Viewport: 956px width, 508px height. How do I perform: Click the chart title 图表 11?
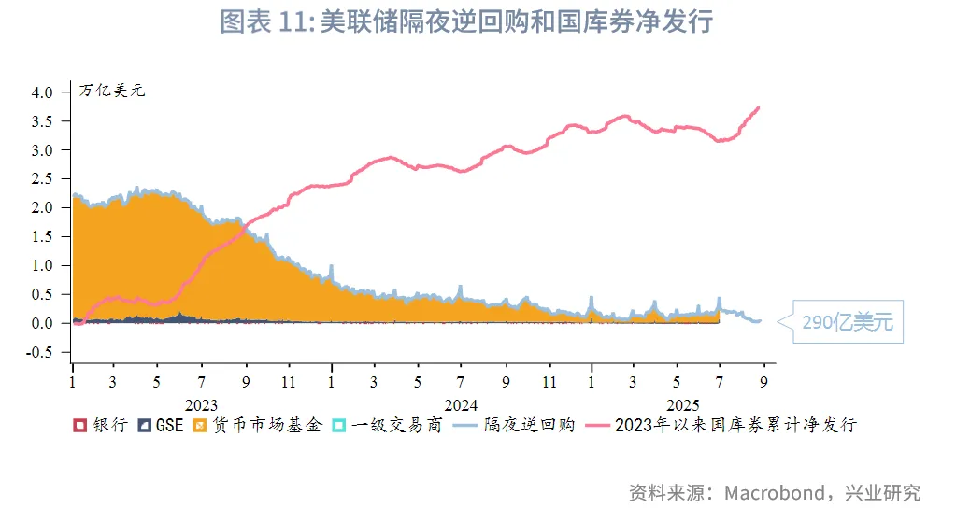(x=466, y=21)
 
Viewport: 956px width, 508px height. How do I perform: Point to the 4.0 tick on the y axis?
(x=43, y=92)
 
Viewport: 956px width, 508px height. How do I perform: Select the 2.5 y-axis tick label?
(x=43, y=178)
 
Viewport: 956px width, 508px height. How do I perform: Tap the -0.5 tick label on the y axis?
(x=40, y=352)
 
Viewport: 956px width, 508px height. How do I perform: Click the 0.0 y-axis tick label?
(x=43, y=323)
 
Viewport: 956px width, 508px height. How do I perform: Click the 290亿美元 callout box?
(x=848, y=322)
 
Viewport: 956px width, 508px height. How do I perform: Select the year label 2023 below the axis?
(x=201, y=404)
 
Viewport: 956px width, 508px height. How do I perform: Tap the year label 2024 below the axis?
(x=461, y=404)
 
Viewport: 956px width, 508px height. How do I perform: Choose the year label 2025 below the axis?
(x=683, y=404)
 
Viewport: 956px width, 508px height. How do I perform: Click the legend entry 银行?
(x=101, y=425)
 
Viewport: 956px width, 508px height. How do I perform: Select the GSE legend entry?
(x=161, y=425)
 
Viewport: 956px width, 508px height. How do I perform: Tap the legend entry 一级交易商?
(x=387, y=425)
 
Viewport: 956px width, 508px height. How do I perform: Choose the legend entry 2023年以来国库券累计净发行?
(x=722, y=425)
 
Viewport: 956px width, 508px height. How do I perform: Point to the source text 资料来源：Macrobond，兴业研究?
(x=775, y=492)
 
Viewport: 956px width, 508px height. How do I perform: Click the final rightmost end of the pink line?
(x=758, y=107)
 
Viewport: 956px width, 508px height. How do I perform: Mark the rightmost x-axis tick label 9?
(x=763, y=382)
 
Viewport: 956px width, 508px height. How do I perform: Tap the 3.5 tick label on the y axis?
(x=43, y=121)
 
